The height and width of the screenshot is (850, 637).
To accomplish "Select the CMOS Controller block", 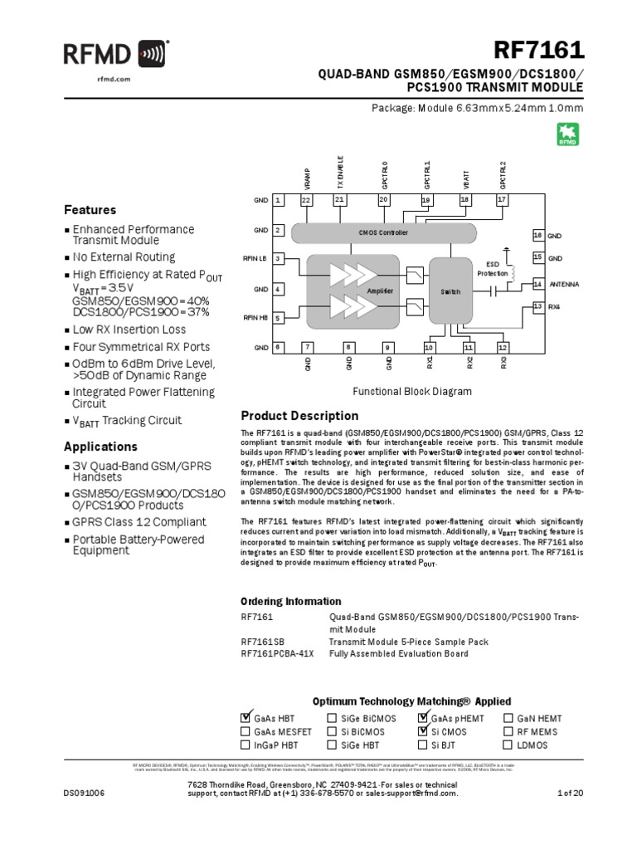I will pos(383,233).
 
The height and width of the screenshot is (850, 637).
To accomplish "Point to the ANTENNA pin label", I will pos(564,284).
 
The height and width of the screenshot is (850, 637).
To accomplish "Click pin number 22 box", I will pos(306,200).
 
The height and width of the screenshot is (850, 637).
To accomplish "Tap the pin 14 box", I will pos(537,284).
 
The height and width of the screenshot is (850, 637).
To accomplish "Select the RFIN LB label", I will pos(255,259).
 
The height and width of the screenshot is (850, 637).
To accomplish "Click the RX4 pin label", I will pos(555,306).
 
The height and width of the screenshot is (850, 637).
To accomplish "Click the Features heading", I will pos(90,210).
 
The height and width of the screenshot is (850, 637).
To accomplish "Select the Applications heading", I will pos(100,447).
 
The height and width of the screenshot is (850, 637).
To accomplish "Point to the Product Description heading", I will pos(299,416).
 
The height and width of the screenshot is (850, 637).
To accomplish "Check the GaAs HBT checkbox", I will pos(246,718).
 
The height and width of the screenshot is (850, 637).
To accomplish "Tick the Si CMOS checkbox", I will pos(424,732).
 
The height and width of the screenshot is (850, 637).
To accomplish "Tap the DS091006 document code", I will pos(84,817).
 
